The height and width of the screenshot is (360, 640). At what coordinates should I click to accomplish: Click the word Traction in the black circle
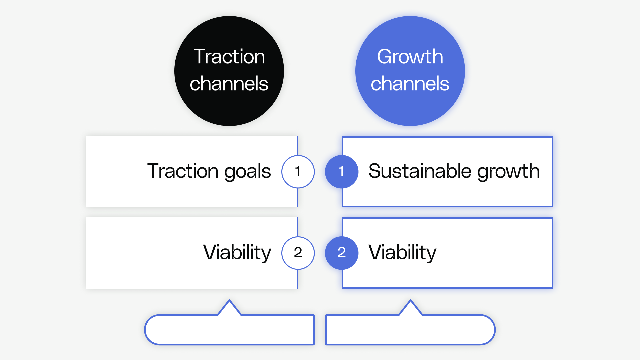(x=229, y=56)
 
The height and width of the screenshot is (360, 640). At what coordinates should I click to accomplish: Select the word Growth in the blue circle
(x=410, y=56)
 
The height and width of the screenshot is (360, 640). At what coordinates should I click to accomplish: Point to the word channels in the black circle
(x=229, y=83)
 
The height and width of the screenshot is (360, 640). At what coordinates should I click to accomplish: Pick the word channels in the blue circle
(x=410, y=83)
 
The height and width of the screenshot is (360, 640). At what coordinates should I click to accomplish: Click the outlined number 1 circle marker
(x=298, y=171)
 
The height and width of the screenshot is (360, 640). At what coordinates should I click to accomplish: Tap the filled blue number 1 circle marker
(x=341, y=171)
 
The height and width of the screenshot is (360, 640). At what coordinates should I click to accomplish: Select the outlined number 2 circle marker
(x=298, y=253)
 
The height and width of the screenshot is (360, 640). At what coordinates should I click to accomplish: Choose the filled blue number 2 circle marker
(x=341, y=253)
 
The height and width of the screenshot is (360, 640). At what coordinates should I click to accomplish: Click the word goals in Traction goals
(x=247, y=171)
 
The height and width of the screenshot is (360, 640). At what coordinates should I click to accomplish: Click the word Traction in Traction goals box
(x=183, y=171)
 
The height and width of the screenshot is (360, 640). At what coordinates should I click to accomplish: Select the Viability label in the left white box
(x=237, y=252)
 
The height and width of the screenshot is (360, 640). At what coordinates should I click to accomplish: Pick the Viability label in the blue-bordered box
(x=402, y=252)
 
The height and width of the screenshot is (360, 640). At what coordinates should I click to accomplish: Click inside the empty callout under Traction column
(x=229, y=330)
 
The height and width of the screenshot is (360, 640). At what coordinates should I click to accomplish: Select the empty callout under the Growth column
(x=410, y=330)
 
